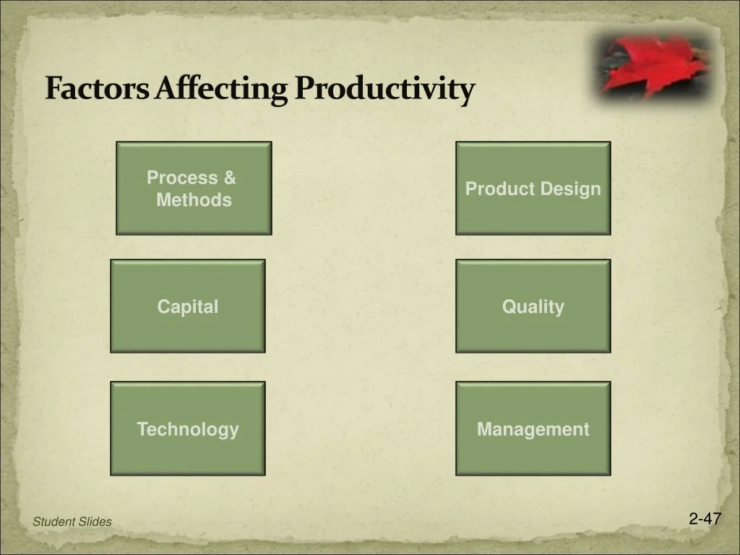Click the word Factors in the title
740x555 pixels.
point(97,87)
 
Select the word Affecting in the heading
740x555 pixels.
point(221,89)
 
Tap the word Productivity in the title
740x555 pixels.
point(384,89)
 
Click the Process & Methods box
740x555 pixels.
point(194,189)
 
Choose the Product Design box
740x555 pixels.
point(533,189)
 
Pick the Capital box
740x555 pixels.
point(188,306)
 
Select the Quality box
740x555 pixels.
point(533,306)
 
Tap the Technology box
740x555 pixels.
point(188,429)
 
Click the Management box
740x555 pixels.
point(533,429)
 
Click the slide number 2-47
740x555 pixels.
point(705,519)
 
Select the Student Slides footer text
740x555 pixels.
point(72,522)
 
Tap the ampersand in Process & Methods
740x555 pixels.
point(230,178)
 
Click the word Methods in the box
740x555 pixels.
point(194,199)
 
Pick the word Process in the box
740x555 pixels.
point(182,178)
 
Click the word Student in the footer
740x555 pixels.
point(50,522)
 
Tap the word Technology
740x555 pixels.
point(188,429)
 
